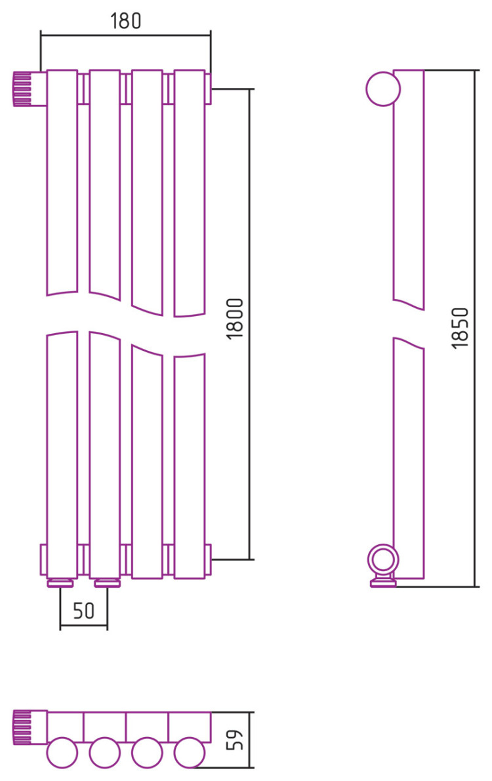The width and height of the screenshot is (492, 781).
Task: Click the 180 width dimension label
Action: click(x=125, y=21)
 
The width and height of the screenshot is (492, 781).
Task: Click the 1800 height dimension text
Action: click(x=235, y=319)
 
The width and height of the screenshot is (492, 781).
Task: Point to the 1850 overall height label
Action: click(x=460, y=328)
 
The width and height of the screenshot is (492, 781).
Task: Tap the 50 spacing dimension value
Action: click(x=83, y=611)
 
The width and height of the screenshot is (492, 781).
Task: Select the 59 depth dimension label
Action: click(x=234, y=740)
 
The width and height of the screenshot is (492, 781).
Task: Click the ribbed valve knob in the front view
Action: click(x=22, y=89)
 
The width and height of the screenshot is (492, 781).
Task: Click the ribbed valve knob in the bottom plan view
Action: click(x=22, y=728)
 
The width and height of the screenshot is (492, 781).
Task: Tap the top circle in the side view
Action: click(x=383, y=89)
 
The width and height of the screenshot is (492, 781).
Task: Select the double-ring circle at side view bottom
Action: click(x=383, y=559)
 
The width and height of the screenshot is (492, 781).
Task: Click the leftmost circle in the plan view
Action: click(x=62, y=753)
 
